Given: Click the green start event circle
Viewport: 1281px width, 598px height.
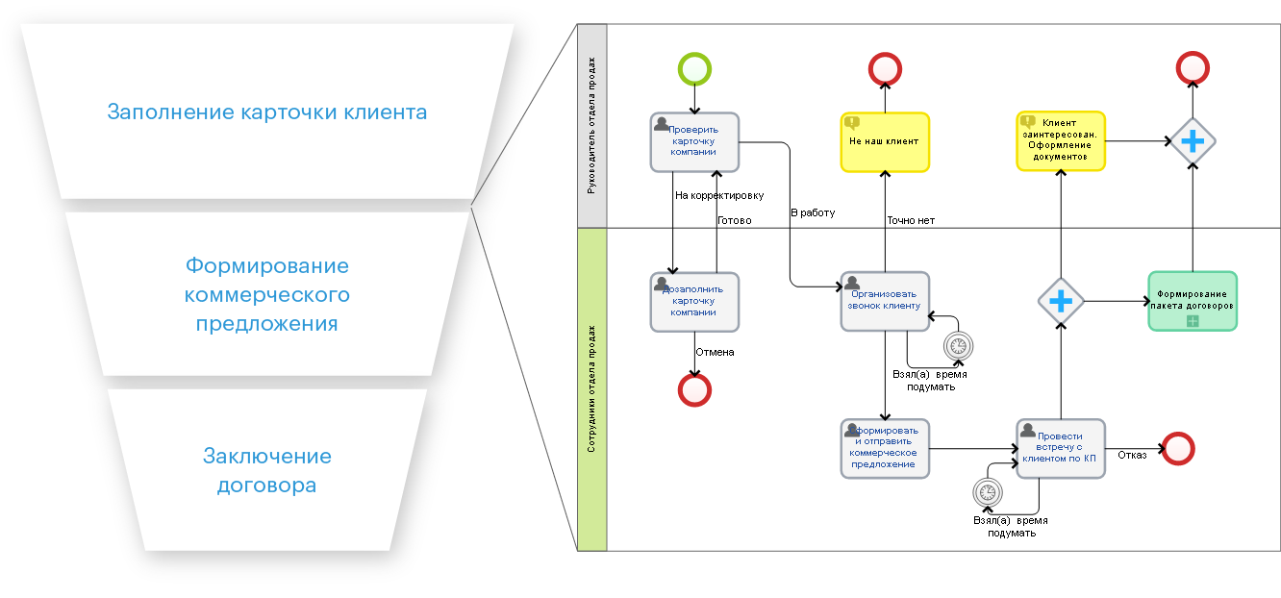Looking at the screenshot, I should [x=694, y=69].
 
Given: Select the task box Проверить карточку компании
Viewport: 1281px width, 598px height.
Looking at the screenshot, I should [x=694, y=141].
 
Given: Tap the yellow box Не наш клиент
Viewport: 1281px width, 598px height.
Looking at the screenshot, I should [x=885, y=141].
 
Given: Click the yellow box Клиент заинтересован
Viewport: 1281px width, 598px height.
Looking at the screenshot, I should [x=1061, y=141].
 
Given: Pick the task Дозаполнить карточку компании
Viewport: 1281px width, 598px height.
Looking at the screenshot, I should [x=694, y=301].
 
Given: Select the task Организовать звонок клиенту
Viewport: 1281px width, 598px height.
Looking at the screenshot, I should [x=885, y=301].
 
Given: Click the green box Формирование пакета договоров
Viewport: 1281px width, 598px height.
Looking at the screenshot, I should [x=1193, y=301].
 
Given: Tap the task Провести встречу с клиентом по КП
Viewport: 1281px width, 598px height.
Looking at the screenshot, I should [x=1061, y=448].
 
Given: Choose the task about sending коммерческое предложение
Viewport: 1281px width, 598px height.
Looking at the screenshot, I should [x=885, y=448].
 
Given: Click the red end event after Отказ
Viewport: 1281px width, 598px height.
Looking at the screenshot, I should [x=1178, y=448].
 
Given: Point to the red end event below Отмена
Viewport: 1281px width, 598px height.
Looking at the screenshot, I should [x=694, y=389].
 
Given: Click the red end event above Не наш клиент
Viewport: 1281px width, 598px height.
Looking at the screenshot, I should [x=885, y=69].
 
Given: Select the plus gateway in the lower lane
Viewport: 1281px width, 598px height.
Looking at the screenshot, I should [x=1061, y=302].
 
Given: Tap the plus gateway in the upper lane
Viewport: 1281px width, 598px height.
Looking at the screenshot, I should [x=1193, y=141].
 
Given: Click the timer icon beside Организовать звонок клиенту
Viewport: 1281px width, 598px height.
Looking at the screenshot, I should [x=958, y=346].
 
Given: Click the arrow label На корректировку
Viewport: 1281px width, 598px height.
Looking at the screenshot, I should [x=719, y=195].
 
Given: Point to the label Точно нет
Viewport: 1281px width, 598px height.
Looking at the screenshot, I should [x=910, y=220].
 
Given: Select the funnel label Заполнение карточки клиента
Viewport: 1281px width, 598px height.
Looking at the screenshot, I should [x=267, y=112].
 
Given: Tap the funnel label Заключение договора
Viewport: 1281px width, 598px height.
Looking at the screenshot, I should [x=267, y=471].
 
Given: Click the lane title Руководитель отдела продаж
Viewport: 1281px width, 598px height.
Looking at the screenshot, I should [x=591, y=125].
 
